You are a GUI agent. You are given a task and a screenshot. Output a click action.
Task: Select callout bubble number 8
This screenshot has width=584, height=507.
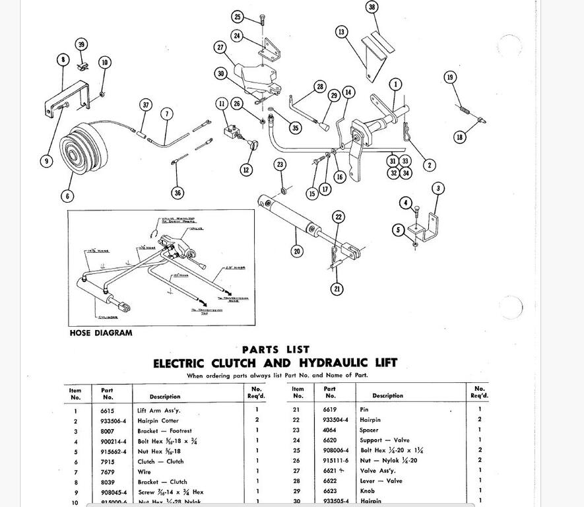point(63,60)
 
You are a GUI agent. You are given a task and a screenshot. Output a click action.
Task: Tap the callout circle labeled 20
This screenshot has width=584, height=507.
point(297,251)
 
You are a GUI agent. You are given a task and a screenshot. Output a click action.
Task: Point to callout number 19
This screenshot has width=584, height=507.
point(450,78)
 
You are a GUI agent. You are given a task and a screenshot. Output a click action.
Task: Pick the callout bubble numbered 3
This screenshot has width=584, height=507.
point(438,189)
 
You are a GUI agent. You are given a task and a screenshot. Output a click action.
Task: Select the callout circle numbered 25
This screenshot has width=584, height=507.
point(238,17)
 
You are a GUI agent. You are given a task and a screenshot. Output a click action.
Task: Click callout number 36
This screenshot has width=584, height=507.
point(177,193)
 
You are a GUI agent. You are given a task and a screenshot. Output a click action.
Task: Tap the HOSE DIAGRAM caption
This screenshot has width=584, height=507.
point(100,333)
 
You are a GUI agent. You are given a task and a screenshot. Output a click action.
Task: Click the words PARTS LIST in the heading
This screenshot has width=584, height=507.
point(275,350)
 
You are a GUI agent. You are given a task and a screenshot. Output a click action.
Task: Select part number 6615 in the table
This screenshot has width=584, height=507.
point(107,410)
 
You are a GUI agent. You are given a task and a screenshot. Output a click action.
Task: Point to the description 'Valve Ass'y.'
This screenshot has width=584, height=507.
point(377,471)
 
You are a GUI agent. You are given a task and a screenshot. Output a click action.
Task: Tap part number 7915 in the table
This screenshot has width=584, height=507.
point(107,461)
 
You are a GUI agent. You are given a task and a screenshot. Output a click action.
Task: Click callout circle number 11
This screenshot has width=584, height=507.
point(222,104)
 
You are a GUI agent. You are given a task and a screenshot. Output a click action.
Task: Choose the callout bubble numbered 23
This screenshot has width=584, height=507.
point(280,164)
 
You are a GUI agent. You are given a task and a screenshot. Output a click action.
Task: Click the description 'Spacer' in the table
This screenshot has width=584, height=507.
point(369,430)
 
